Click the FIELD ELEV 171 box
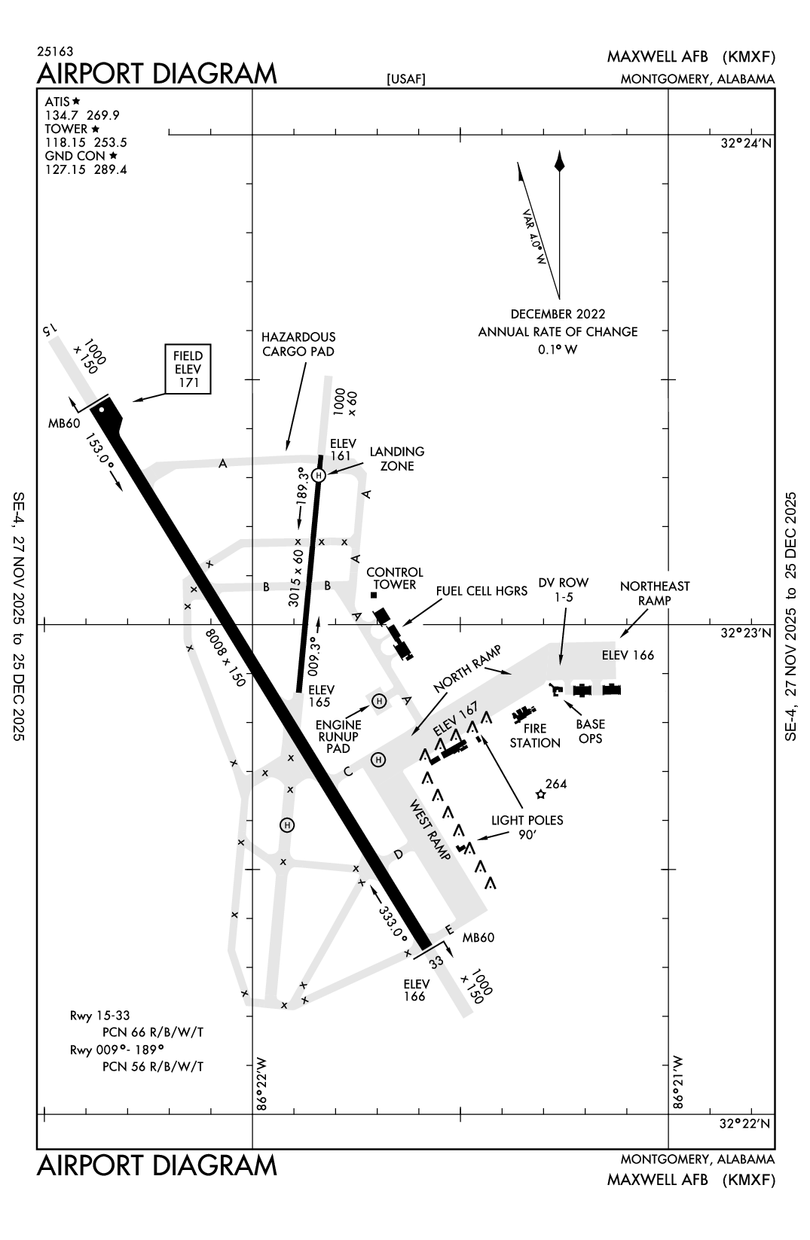click(x=188, y=369)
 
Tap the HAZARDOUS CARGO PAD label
click(x=298, y=344)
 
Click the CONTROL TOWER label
click(x=395, y=578)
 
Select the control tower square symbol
click(x=374, y=596)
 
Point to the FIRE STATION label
click(x=535, y=736)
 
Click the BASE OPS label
click(x=590, y=731)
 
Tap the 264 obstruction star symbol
click(x=540, y=794)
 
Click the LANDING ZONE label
click(x=396, y=459)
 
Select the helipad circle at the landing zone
click(x=319, y=475)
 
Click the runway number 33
click(x=436, y=962)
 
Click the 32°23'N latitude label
click(x=744, y=633)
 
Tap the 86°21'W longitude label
click(x=680, y=1083)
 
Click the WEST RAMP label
click(x=430, y=830)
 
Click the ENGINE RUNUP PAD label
click(x=338, y=736)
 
